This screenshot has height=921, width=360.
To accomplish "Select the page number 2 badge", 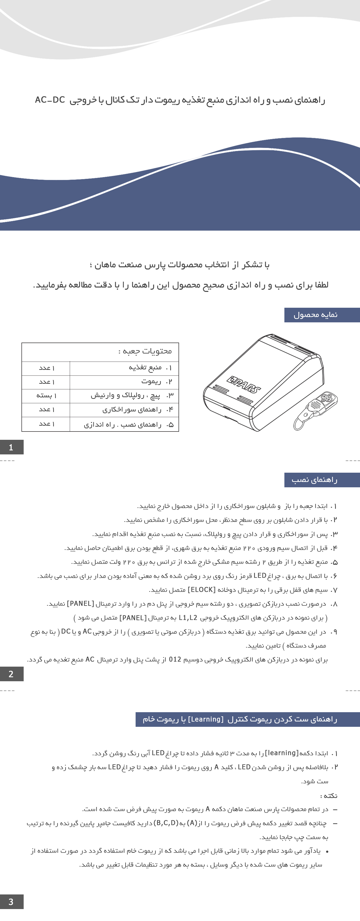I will click(11, 674).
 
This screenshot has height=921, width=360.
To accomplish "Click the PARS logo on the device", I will click(244, 384).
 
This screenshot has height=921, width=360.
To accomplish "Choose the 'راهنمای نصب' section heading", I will click(315, 480).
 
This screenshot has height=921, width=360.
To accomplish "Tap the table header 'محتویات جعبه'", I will click(145, 351).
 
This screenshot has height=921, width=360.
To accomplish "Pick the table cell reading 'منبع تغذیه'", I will click(145, 367).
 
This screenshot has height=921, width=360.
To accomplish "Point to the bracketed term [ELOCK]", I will click(201, 590).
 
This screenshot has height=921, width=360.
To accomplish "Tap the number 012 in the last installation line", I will click(175, 659).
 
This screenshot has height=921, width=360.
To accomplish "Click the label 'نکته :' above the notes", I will click(329, 796).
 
